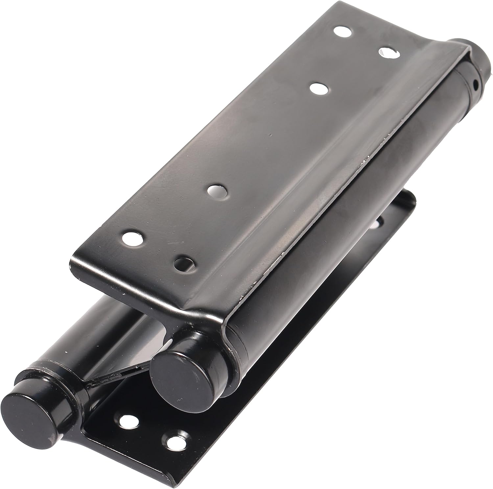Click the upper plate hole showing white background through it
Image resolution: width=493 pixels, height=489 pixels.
tap(388, 53)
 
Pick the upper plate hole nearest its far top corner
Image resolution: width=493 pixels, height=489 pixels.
tap(342, 32)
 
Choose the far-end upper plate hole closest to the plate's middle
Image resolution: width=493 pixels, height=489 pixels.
tap(319, 88)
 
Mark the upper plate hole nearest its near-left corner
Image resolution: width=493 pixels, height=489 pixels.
tap(133, 238)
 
